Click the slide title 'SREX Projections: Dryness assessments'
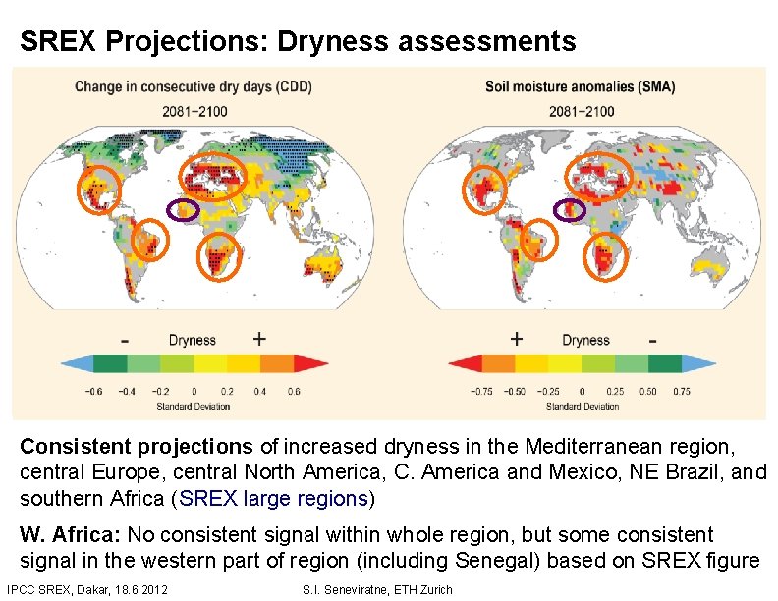298,41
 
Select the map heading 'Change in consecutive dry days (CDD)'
193,87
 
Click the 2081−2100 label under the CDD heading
193,110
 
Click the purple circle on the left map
180,209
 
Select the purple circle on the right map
570,209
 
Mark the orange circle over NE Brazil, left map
149,241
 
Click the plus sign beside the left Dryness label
258,340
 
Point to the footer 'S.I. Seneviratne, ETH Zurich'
379,589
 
